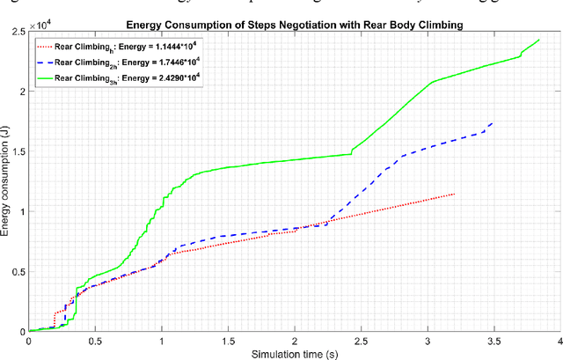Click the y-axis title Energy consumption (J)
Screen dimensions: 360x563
(7, 181)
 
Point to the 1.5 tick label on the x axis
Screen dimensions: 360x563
(227, 340)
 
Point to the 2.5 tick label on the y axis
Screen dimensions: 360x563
(18, 32)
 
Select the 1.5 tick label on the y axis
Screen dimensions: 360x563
(18, 151)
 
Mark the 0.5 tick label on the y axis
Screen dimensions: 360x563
(18, 271)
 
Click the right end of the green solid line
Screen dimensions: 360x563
(538, 40)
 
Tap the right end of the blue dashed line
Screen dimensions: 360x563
(493, 122)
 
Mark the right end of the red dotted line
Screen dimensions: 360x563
(455, 194)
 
